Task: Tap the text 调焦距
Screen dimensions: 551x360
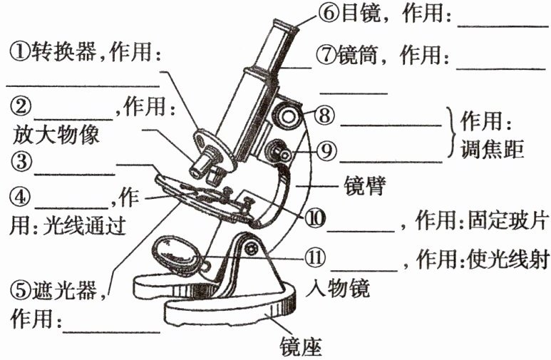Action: point(493,149)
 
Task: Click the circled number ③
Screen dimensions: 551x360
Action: point(21,162)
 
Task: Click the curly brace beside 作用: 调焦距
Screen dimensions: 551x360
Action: point(450,132)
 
